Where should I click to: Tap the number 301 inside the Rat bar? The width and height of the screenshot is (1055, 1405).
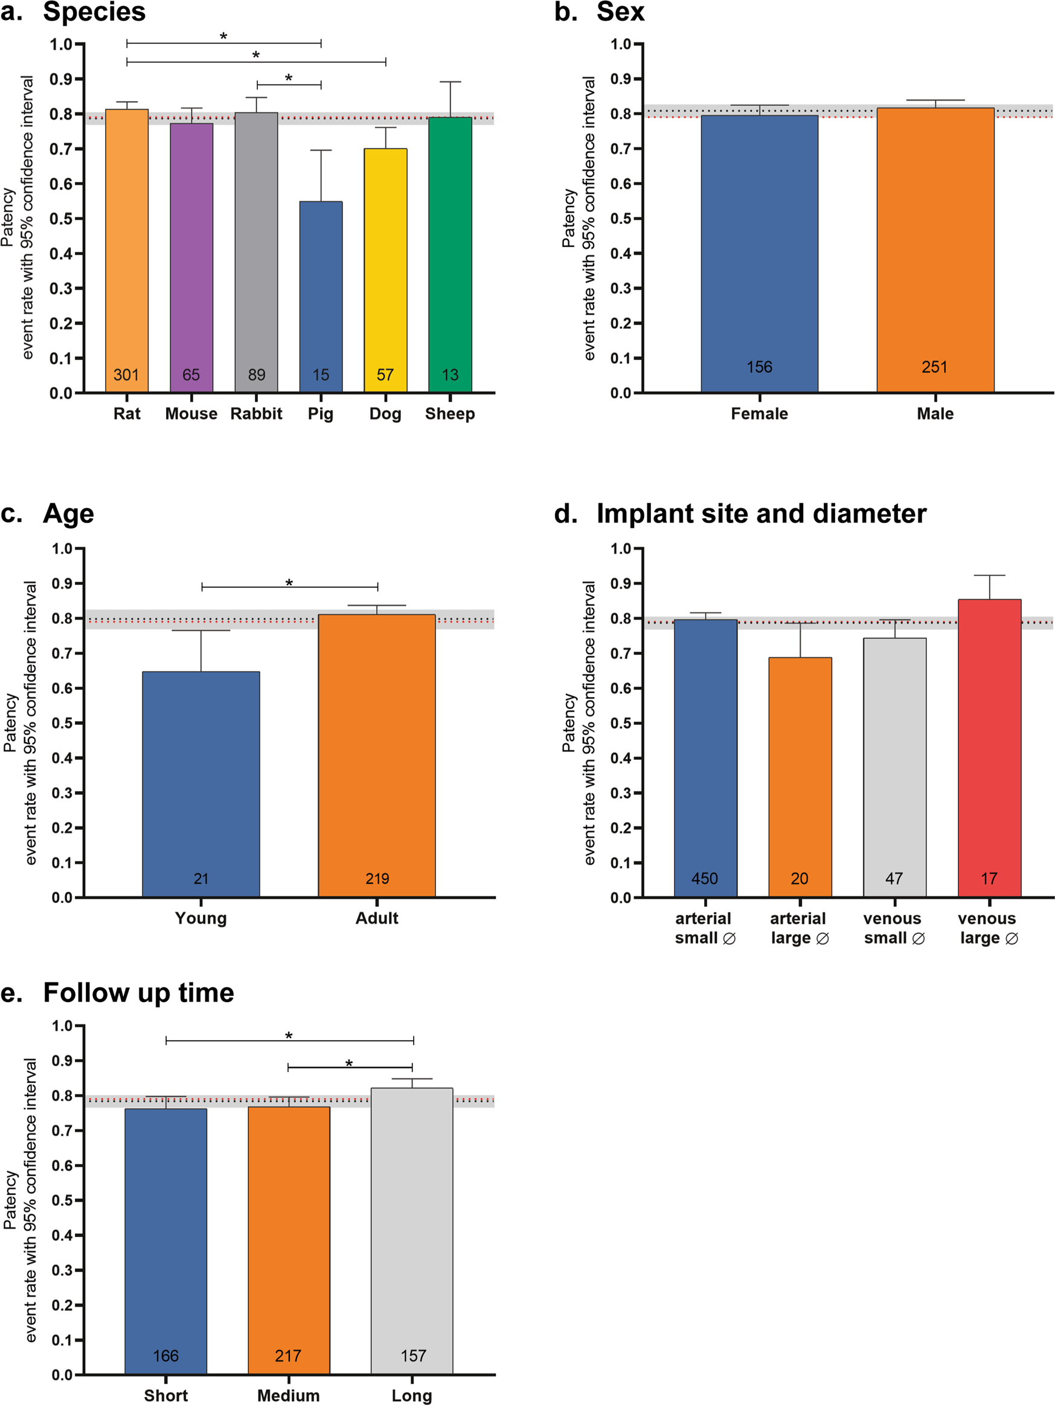coord(126,375)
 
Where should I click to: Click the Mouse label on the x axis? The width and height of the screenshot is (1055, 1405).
coord(191,414)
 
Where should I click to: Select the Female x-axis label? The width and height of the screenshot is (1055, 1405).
coord(759,414)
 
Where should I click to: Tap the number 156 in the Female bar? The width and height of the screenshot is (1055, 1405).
coord(759,367)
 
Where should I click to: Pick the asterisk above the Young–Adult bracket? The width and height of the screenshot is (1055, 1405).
coord(289,583)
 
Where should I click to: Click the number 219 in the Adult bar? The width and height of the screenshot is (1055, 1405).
coord(377,878)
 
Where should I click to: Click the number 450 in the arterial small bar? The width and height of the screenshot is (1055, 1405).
coord(704,878)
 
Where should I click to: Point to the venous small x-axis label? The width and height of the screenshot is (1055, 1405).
coord(894,928)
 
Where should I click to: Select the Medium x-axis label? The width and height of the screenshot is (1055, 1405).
coord(289,1395)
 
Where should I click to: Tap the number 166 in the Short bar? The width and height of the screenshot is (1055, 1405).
coord(166,1355)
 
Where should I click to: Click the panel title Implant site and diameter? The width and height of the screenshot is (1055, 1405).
coord(761,513)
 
